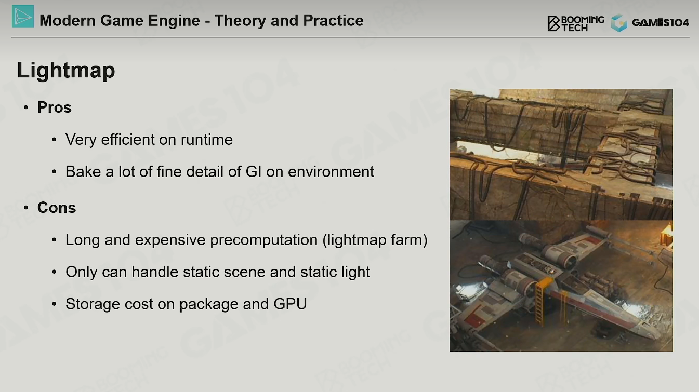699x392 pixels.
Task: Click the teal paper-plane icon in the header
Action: click(23, 17)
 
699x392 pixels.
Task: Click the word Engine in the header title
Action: click(174, 21)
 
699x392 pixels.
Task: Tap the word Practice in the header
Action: click(333, 21)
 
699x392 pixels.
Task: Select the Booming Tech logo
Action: click(576, 23)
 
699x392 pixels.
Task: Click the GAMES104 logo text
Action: click(661, 23)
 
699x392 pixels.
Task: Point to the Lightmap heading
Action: click(66, 70)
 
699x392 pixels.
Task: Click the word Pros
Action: click(54, 107)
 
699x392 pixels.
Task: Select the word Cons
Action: click(57, 208)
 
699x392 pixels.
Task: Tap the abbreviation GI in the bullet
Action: click(254, 172)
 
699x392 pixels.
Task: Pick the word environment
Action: click(331, 172)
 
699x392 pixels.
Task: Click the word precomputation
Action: click(263, 240)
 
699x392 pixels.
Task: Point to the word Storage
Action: click(93, 304)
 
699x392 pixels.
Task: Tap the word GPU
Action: click(290, 304)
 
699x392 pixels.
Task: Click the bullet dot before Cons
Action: click(26, 208)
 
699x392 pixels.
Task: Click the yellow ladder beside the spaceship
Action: click(540, 302)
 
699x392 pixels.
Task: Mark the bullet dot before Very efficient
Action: click(54, 140)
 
